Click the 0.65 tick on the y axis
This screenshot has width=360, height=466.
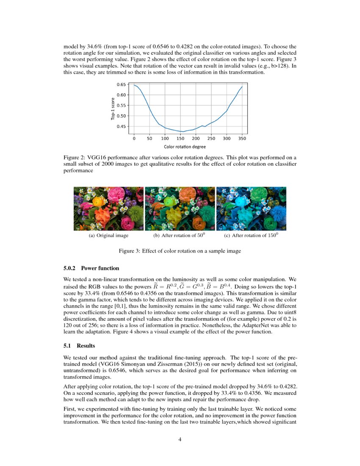[121, 85]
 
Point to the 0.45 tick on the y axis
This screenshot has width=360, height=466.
[121, 126]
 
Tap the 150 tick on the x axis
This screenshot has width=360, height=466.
[180, 138]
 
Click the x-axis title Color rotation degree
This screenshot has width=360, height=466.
[185, 147]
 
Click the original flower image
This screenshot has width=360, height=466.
[109, 208]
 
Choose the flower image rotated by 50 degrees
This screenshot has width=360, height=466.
[180, 208]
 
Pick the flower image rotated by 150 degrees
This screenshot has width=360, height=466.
[251, 208]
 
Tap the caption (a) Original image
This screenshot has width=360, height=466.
[108, 236]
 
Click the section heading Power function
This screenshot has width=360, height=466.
[100, 268]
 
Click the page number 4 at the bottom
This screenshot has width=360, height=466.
[180, 439]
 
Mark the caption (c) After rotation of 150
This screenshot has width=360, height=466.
[250, 236]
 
